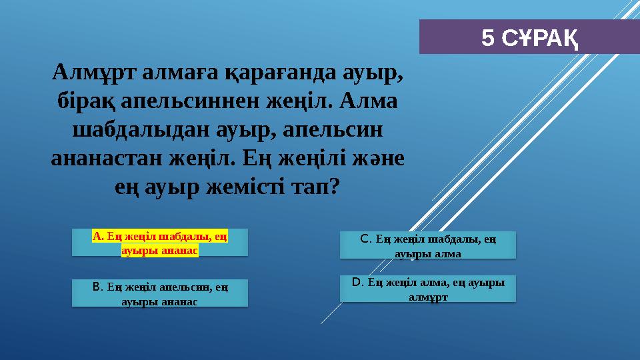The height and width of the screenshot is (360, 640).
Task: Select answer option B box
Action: [160, 293]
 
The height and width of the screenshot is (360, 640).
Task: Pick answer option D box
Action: [427, 289]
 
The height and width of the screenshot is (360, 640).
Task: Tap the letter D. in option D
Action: [358, 282]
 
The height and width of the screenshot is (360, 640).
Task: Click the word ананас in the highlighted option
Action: [181, 251]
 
